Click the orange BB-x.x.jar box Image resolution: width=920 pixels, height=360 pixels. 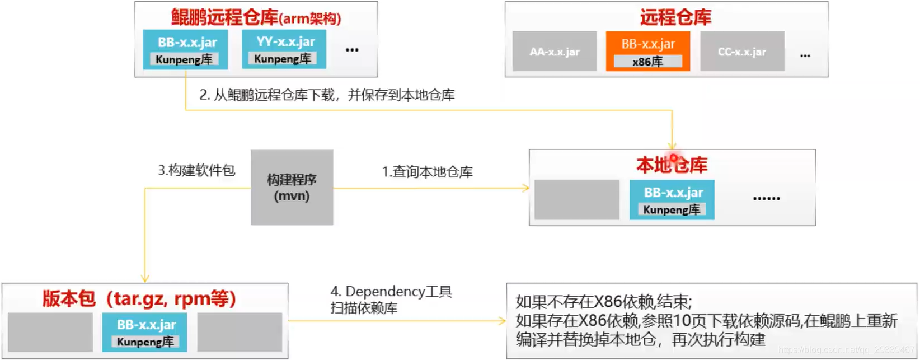[647, 51]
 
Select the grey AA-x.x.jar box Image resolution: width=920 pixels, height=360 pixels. [554, 52]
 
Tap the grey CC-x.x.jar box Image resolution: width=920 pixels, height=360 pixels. [741, 52]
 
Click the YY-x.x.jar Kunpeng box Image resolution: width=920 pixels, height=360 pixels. [284, 49]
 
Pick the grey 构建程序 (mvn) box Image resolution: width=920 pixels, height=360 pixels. [292, 188]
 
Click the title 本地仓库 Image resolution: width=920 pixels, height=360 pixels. [672, 165]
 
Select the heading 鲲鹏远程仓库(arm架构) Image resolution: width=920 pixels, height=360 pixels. [256, 18]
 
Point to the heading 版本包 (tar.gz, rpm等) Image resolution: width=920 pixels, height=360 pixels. [139, 298]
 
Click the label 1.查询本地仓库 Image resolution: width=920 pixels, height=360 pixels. [427, 172]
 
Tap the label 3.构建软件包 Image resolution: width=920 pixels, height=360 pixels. [196, 170]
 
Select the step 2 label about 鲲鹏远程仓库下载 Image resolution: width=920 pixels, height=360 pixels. [327, 95]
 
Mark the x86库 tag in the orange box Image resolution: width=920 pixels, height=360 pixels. [647, 62]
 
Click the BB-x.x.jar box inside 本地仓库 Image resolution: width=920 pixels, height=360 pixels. [672, 199]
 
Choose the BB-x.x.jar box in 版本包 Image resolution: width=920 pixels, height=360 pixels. [144, 332]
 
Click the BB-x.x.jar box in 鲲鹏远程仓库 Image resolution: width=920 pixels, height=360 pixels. [185, 49]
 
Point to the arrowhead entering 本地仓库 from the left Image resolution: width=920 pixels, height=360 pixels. [526, 188]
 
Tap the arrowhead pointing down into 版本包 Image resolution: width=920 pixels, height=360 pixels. [145, 278]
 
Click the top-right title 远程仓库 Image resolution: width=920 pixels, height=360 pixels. [675, 18]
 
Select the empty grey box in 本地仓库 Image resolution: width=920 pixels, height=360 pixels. [576, 199]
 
